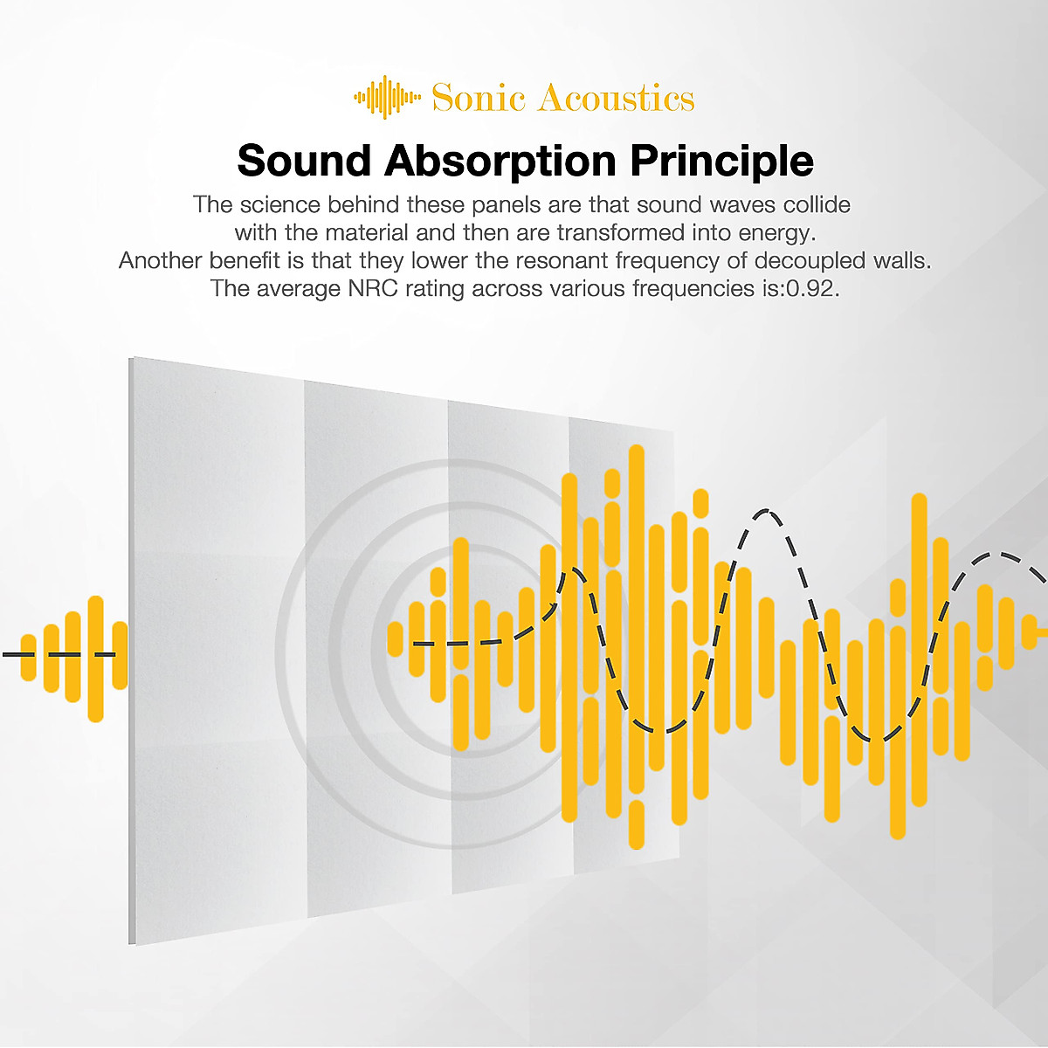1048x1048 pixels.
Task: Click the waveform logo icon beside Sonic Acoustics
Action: (x=387, y=97)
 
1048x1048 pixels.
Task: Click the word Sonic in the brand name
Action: (x=478, y=98)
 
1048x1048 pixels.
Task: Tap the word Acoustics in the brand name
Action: (x=616, y=98)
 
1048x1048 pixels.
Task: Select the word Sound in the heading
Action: (x=304, y=161)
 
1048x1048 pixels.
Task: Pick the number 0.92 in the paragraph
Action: (x=810, y=288)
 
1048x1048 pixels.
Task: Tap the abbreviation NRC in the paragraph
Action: (x=373, y=288)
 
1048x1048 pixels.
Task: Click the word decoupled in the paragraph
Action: (x=809, y=261)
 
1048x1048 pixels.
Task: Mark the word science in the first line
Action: (x=280, y=204)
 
